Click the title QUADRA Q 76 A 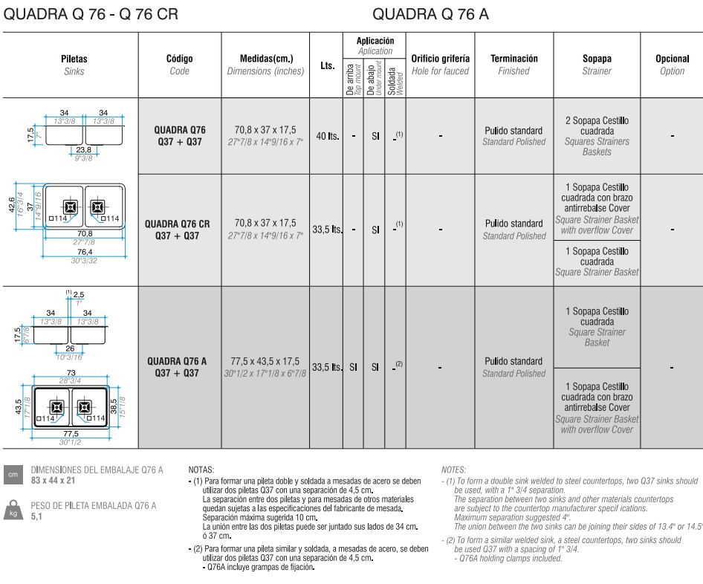(430, 14)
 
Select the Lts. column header (326, 65)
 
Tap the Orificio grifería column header (440, 65)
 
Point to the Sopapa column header (597, 65)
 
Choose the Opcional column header (672, 65)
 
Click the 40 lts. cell (328, 137)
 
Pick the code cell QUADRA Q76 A (176, 367)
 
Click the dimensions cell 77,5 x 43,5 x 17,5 (265, 362)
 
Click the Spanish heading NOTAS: (201, 470)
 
